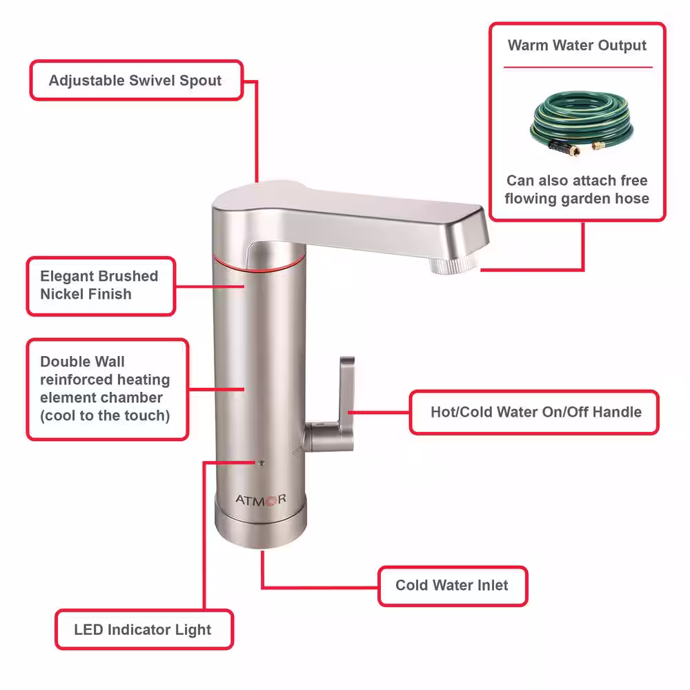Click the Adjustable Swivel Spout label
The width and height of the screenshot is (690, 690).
[135, 81]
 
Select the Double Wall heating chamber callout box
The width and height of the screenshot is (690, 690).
[108, 389]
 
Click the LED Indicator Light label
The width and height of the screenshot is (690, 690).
[144, 629]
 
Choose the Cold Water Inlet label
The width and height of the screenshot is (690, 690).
[453, 585]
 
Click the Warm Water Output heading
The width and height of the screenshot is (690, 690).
[577, 46]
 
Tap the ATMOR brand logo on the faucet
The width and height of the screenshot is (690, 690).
[261, 500]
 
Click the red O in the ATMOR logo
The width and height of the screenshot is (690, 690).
[271, 500]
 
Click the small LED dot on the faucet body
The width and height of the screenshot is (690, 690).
[262, 462]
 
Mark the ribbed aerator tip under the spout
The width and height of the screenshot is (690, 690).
[453, 265]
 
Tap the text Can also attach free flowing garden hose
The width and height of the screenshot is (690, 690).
[577, 189]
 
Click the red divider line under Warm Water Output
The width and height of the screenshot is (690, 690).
[578, 68]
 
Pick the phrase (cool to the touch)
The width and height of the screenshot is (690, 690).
[105, 415]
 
